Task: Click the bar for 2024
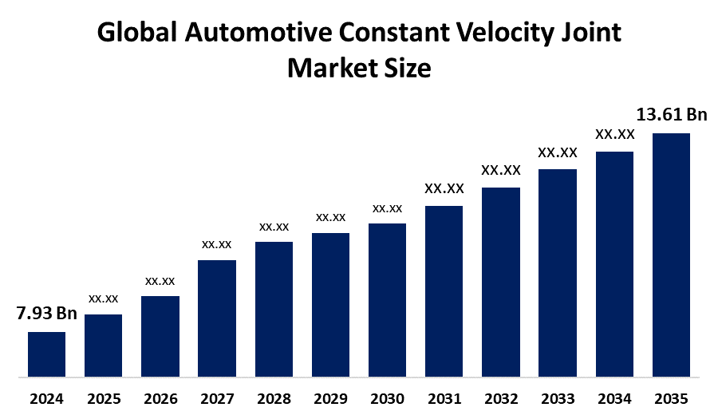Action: pyautogui.click(x=46, y=354)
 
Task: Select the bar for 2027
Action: pyautogui.click(x=217, y=318)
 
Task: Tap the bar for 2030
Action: pyautogui.click(x=387, y=299)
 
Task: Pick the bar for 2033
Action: pyautogui.click(x=558, y=272)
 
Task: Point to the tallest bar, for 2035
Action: pyautogui.click(x=671, y=254)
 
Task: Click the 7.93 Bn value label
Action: pyautogui.click(x=46, y=314)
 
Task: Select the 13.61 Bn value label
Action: pyautogui.click(x=671, y=115)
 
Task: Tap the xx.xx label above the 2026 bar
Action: pyautogui.click(x=160, y=281)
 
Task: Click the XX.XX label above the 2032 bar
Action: pyautogui.click(x=500, y=170)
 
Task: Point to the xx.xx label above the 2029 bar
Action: pyautogui.click(x=330, y=217)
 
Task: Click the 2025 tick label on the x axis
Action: pyautogui.click(x=103, y=398)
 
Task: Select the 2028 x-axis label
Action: pyautogui.click(x=274, y=398)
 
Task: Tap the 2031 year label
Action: pyautogui.click(x=444, y=398)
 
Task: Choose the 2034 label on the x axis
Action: pyautogui.click(x=614, y=398)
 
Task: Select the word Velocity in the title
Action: pyautogui.click(x=510, y=34)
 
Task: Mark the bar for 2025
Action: pyautogui.click(x=103, y=345)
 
